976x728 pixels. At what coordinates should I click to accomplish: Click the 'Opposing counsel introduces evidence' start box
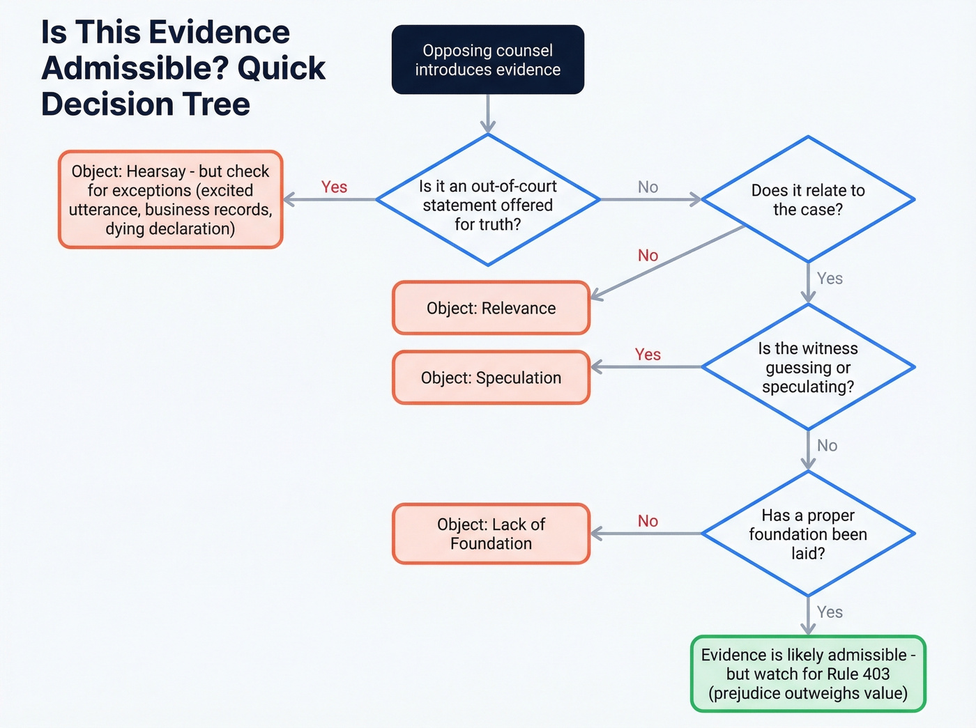coord(487,60)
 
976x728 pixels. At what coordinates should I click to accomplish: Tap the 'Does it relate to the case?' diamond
coord(807,200)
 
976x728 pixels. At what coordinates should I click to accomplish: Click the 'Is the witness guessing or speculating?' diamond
coord(807,367)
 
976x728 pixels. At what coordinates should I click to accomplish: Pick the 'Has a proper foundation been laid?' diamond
coord(807,534)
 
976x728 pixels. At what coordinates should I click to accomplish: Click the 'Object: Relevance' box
coord(491,308)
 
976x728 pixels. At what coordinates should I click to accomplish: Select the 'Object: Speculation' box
coord(491,378)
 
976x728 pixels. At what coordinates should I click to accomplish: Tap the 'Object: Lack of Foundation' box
coord(491,534)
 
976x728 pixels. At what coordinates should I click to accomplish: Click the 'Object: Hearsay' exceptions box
coord(170,200)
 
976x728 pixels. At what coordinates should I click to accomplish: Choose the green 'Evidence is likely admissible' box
coord(807,674)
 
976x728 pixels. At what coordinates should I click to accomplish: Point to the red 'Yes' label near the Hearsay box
coord(334,187)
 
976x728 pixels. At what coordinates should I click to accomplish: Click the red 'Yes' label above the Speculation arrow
coord(648,354)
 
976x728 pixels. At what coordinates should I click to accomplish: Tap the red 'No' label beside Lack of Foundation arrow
coord(648,520)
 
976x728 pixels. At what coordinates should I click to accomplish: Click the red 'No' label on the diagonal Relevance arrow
coord(648,255)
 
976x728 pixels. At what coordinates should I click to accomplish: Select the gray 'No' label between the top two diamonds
coord(648,187)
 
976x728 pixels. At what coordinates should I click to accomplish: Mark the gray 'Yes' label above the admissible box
coord(830,612)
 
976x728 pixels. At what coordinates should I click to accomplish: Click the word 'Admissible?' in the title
coord(133,68)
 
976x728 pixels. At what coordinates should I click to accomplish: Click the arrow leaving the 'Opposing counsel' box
coord(487,113)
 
